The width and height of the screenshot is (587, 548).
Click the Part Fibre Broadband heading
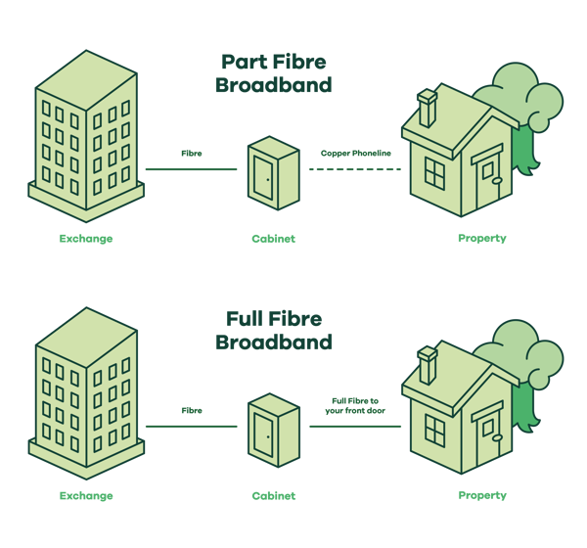pos(273,73)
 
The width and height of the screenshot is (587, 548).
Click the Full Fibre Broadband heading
pos(273,331)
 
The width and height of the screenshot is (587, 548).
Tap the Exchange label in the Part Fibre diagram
pos(86,238)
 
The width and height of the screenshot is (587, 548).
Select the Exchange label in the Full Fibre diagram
pos(86,495)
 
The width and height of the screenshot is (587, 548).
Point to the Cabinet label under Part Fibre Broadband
pos(273,238)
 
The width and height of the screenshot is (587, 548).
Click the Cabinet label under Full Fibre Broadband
pos(273,495)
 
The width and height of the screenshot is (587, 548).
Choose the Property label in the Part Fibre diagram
pos(482,238)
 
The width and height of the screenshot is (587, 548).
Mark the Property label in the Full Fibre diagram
pos(482,495)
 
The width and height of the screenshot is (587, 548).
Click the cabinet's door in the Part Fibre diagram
pos(263,175)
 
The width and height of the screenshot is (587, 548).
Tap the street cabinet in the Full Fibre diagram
pos(273,431)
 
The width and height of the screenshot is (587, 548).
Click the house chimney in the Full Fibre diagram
pos(428,365)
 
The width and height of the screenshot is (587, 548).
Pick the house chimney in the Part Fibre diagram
pos(428,108)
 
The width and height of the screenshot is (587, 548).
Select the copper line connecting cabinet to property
pos(354,169)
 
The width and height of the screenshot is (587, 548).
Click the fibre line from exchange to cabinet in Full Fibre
pos(191,427)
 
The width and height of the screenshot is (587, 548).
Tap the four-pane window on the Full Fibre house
pos(433,431)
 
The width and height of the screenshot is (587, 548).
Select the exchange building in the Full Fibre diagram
pos(86,391)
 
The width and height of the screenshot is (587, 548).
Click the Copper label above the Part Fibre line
pos(355,154)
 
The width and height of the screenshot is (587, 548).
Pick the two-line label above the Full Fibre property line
pos(355,405)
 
